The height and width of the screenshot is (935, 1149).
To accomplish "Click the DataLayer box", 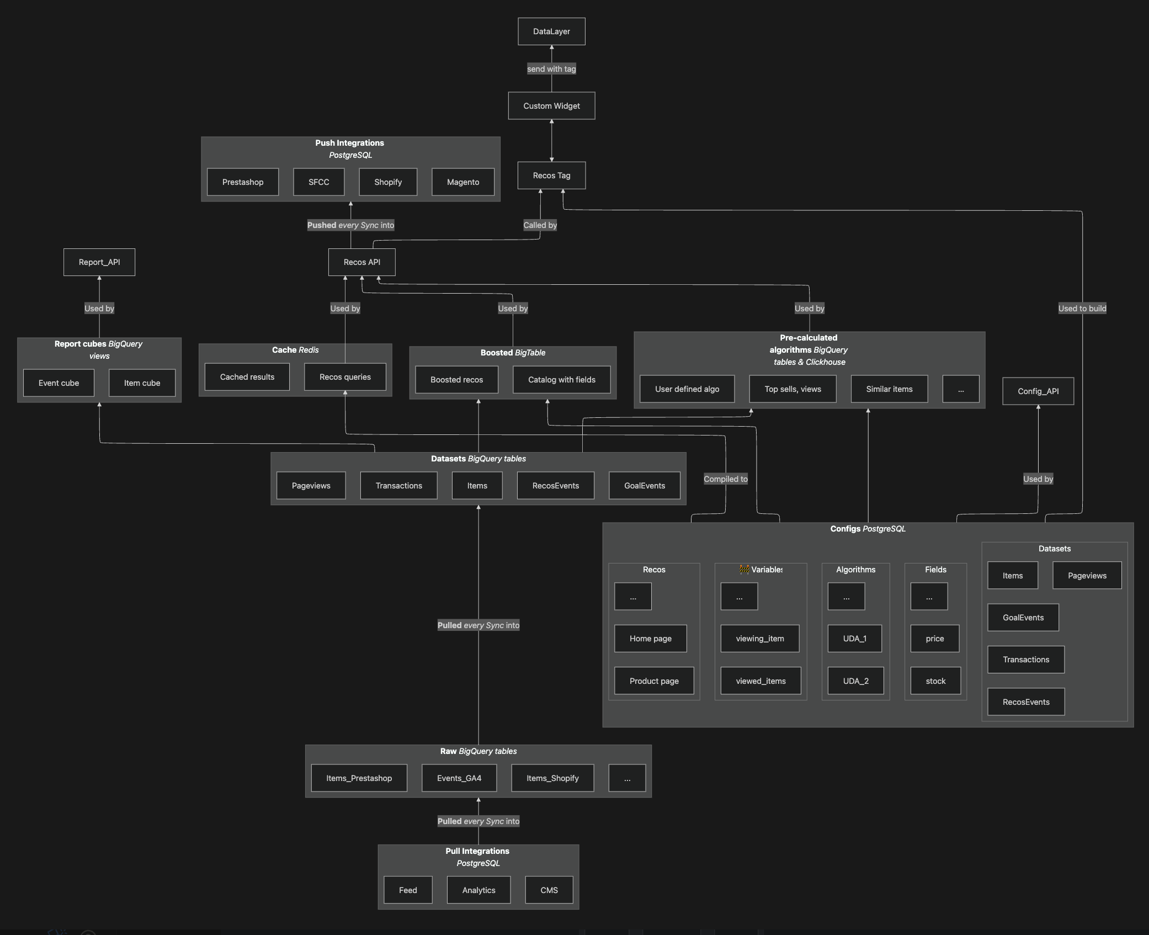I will pos(551,31).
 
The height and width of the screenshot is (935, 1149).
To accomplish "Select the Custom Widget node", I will pos(551,106).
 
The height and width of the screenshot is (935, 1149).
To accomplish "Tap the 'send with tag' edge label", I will pos(551,69).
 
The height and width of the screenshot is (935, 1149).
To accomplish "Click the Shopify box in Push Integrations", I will pos(388,182).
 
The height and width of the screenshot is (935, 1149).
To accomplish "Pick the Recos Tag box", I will pos(551,176).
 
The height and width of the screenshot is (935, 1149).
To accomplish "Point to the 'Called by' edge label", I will pos(540,225).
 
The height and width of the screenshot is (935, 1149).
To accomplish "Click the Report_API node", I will pos(99,262).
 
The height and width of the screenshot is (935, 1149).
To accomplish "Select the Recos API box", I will pos(361,262).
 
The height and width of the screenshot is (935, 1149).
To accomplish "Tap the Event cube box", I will pos(58,383).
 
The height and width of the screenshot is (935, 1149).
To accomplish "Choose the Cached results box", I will pos(247,377).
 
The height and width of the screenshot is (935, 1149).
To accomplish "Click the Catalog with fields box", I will pos(561,380).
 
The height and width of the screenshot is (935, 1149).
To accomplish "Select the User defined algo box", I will pos(687,389).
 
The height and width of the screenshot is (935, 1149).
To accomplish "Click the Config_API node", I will pos(1038,391).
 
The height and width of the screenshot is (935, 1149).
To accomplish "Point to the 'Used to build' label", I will pos(1082,309).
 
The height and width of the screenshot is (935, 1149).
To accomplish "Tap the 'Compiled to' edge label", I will pos(725,479).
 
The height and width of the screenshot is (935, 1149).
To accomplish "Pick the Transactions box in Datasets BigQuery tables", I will pos(398,486).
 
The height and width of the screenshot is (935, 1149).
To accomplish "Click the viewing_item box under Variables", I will pos(759,639).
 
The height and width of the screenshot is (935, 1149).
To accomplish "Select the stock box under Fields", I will pos(935,681).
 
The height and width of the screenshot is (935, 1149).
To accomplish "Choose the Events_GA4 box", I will pos(459,778).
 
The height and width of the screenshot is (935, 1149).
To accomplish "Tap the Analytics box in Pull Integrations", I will pos(478,890).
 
